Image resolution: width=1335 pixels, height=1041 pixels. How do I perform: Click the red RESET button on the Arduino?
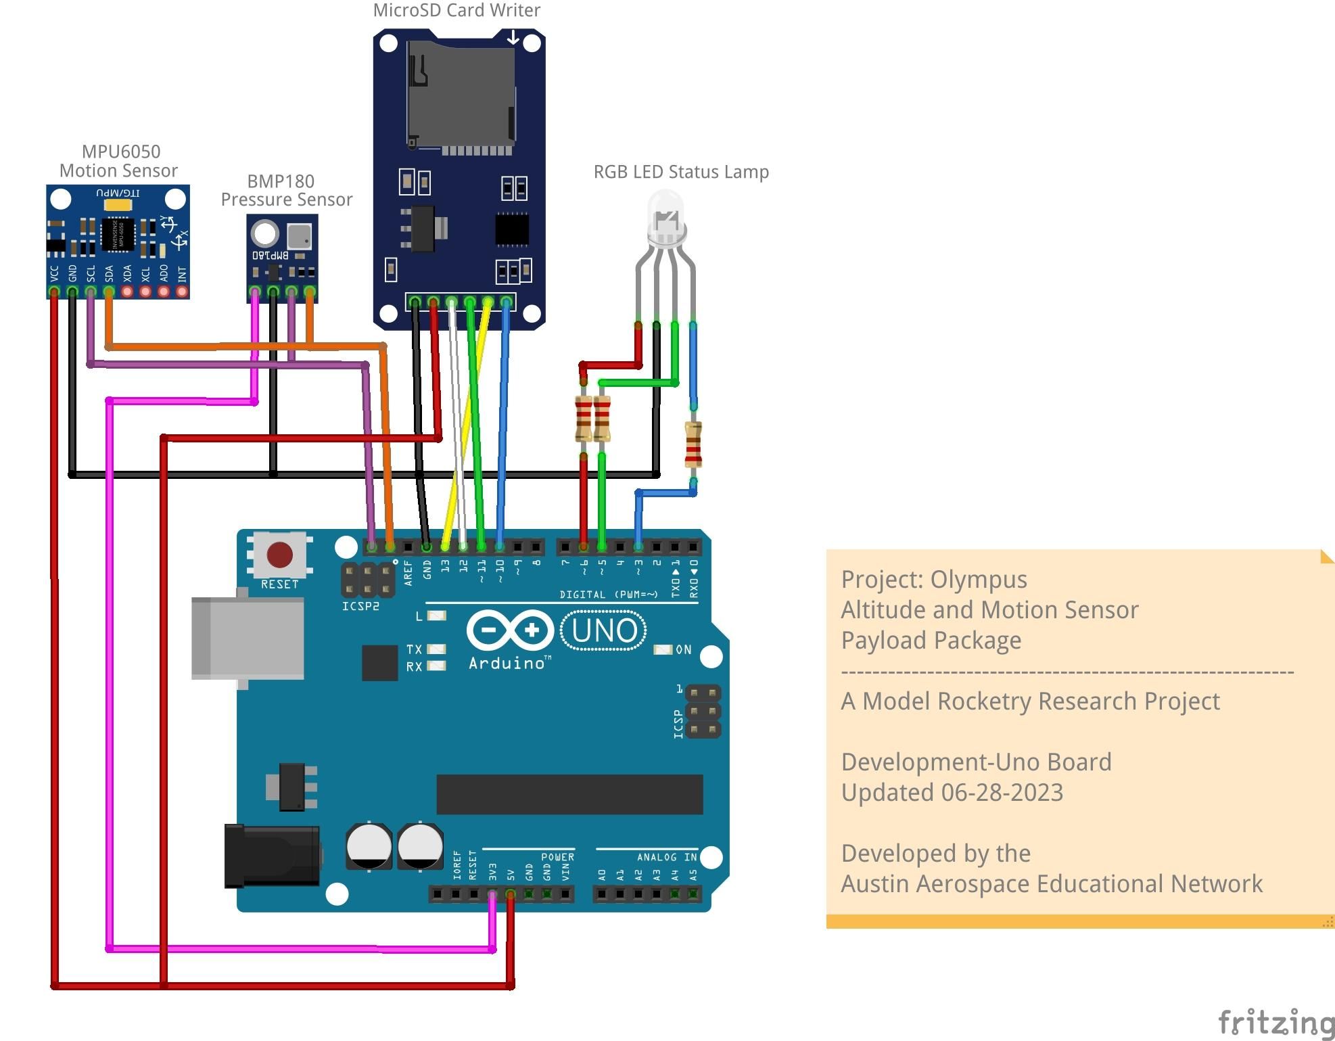(279, 555)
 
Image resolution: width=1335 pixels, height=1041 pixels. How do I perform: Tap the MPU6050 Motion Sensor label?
(119, 161)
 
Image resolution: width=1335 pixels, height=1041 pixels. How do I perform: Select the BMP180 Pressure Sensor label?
(286, 191)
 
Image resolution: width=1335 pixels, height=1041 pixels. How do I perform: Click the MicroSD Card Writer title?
(456, 10)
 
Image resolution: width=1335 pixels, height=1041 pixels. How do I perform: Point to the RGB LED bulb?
(666, 216)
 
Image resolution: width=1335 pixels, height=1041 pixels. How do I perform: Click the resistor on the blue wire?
(693, 444)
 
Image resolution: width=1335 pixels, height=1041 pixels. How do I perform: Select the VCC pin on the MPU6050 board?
(54, 292)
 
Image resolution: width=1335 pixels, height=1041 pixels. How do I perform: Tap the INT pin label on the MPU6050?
(181, 274)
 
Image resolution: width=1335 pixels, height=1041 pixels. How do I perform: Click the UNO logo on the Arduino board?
(603, 630)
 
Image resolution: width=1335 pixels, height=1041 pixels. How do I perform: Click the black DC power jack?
(272, 856)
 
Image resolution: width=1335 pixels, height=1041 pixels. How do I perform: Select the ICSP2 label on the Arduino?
(360, 606)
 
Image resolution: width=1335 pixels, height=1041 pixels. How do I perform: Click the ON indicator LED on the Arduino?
(662, 650)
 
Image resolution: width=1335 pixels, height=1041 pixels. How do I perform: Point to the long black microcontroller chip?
(569, 794)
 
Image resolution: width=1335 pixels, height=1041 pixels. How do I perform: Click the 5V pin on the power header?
(511, 894)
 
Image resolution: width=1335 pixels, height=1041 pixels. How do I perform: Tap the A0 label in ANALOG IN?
(602, 875)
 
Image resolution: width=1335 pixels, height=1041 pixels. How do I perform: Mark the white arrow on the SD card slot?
(513, 38)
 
